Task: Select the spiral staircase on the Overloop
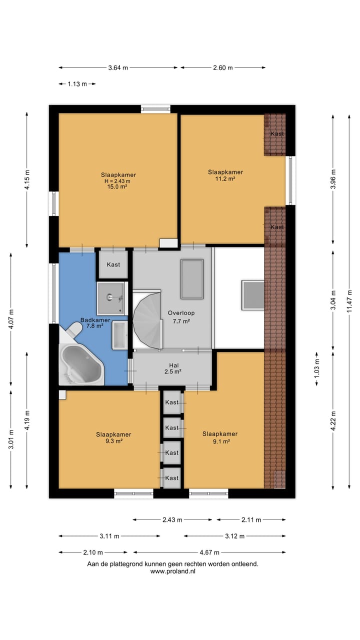(x=147, y=319)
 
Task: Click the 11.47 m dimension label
(x=349, y=301)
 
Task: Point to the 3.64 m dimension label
(x=118, y=67)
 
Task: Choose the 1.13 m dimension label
(x=77, y=84)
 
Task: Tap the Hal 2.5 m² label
(x=173, y=368)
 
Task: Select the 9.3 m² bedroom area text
(x=114, y=441)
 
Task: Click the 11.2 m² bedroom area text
(x=225, y=179)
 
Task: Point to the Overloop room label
(x=181, y=313)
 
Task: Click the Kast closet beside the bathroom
(x=113, y=264)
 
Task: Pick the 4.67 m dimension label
(x=209, y=552)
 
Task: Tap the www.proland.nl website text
(x=173, y=571)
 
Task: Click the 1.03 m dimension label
(x=317, y=369)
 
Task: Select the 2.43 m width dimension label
(x=172, y=520)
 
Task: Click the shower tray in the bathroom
(x=110, y=298)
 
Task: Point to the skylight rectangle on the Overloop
(x=192, y=279)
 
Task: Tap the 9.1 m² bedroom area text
(x=221, y=441)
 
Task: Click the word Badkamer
(x=95, y=320)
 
